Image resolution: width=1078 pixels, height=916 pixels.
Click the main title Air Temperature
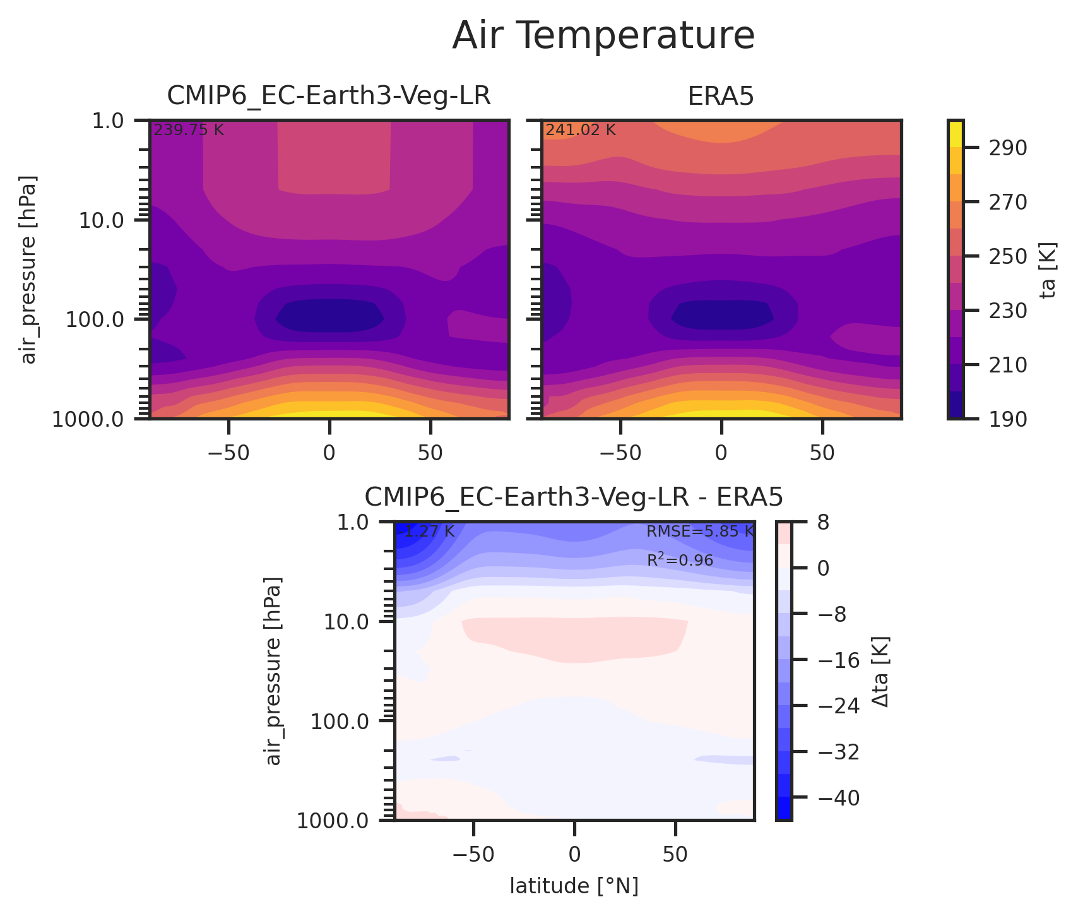[603, 36]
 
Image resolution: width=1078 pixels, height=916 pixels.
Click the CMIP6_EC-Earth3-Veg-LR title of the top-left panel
[329, 97]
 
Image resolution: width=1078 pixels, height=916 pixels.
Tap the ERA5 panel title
[721, 97]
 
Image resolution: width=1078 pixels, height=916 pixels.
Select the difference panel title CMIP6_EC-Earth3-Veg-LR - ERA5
[574, 498]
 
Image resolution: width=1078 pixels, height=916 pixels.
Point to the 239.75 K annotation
[189, 131]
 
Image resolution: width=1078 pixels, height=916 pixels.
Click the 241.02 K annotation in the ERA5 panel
[580, 131]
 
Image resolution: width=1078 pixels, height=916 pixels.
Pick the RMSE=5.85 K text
[700, 532]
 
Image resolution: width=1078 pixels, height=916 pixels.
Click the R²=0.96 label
[680, 560]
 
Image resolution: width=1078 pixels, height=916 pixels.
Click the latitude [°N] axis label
[574, 887]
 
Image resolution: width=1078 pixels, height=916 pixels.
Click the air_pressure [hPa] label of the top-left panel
[29, 270]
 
